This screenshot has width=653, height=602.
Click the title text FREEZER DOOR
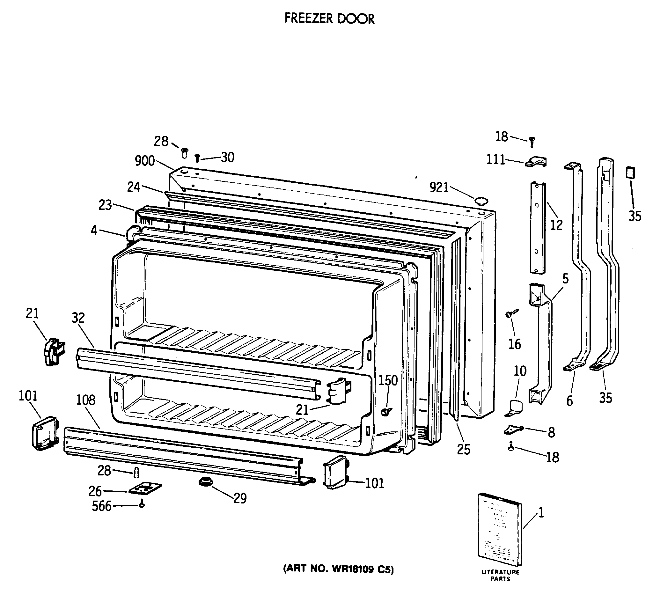329,19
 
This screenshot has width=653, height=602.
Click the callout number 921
439,187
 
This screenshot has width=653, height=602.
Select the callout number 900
145,161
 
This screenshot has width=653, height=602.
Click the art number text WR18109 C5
362,569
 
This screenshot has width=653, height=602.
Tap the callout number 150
388,380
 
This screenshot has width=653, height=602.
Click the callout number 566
102,506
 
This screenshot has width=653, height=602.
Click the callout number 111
495,160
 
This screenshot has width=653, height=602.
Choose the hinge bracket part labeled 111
536,162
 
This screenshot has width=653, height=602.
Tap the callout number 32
78,318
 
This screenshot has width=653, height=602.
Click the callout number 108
86,400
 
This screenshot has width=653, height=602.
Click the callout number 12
556,225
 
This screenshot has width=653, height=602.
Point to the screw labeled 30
197,159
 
